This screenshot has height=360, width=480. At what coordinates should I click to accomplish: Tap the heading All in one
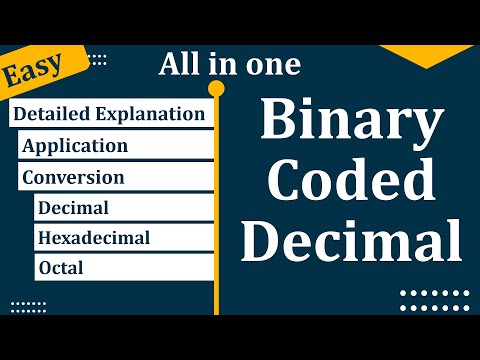[x=229, y=66]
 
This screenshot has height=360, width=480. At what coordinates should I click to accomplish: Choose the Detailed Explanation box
[x=109, y=114]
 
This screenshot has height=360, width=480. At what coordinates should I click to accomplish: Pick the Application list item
[x=75, y=146]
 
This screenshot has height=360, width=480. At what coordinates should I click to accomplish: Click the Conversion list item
[x=73, y=177]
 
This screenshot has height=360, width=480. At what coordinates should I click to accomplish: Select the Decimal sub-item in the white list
[x=73, y=208]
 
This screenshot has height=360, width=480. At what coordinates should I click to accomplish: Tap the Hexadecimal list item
[x=93, y=238]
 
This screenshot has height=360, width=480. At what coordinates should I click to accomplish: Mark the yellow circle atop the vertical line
[x=215, y=90]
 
